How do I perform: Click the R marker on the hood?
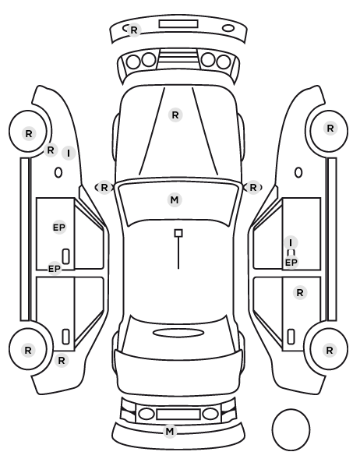175,115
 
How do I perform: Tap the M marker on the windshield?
175,199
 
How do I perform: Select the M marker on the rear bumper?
170,431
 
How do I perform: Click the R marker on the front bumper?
134,30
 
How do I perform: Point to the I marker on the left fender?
69,154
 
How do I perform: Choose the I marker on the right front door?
291,242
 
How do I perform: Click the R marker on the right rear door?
300,293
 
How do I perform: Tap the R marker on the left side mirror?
104,188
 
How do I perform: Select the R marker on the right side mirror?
253,188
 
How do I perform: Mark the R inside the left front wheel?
29,134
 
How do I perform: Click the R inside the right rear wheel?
330,351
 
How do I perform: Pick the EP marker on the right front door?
291,263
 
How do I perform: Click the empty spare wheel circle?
291,429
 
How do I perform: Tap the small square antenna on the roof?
178,233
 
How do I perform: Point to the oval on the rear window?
178,334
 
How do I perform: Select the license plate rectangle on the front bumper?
178,24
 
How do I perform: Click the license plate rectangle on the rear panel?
178,414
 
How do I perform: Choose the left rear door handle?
66,337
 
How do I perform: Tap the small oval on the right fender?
298,172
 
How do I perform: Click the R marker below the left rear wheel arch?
62,361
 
